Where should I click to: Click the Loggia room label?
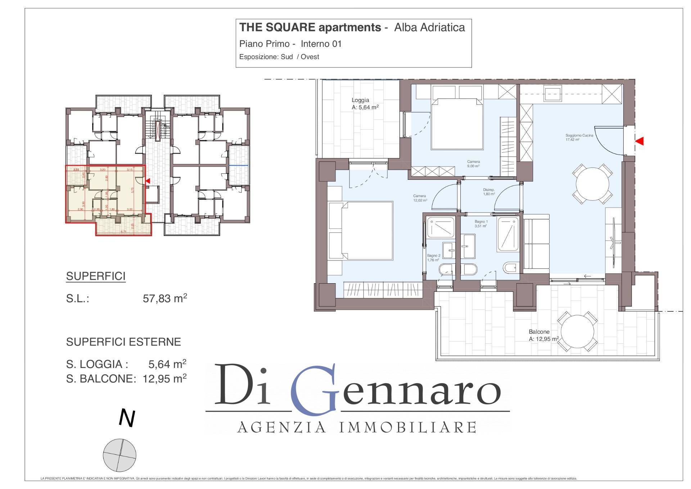pos(360,101)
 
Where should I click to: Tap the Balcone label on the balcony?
pos(539,332)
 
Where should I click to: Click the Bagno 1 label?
pos(481,222)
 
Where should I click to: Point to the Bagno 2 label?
pos(433,256)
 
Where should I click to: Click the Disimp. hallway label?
pos(488,190)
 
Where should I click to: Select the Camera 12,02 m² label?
pos(420,196)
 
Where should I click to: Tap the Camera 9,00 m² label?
pos(473,162)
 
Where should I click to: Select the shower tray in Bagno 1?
pos(508,234)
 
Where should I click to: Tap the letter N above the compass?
pos(127,419)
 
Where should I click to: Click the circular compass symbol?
pos(119,455)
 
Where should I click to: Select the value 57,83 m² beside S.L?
pos(165,298)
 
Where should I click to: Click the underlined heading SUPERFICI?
pos(96,276)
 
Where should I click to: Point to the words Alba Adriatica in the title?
pos(429,27)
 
